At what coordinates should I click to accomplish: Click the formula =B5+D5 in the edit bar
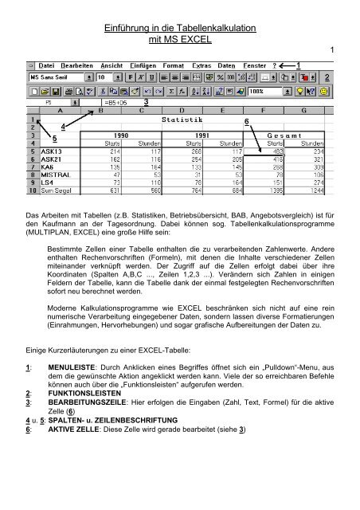[x=116, y=102]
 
